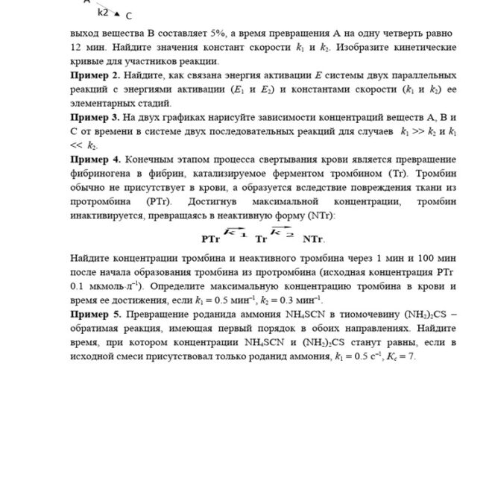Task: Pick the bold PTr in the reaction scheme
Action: (x=210, y=239)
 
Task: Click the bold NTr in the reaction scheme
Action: (x=313, y=239)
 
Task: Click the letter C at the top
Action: (x=129, y=16)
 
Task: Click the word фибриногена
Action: (x=101, y=174)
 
